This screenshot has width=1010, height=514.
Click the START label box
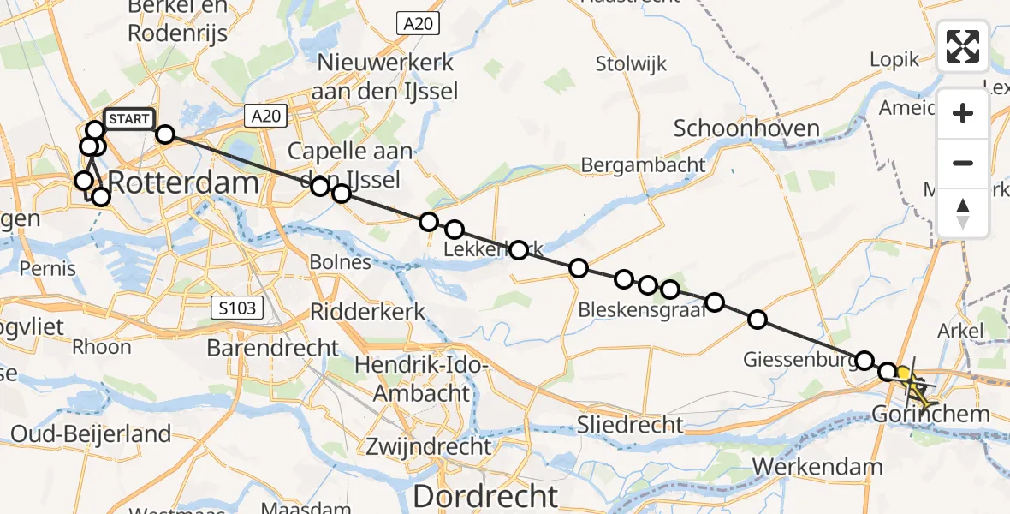[x=129, y=119]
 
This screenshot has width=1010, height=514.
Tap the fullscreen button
[x=963, y=46]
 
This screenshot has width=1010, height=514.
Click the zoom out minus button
[x=963, y=163]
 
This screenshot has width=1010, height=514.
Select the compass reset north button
[x=963, y=212]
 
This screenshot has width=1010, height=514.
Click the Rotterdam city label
[x=184, y=183]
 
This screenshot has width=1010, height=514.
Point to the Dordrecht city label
[x=485, y=496]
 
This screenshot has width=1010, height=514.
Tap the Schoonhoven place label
[x=746, y=129]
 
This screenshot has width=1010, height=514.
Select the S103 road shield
[x=236, y=308]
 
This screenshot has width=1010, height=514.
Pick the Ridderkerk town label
[x=367, y=312]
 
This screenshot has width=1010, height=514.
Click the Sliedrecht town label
[x=630, y=424]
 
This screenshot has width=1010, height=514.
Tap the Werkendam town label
[x=818, y=467]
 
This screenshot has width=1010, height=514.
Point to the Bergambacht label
[x=643, y=165]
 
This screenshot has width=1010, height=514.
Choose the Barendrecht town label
[x=273, y=348]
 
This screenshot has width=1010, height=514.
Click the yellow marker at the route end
[x=904, y=374]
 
